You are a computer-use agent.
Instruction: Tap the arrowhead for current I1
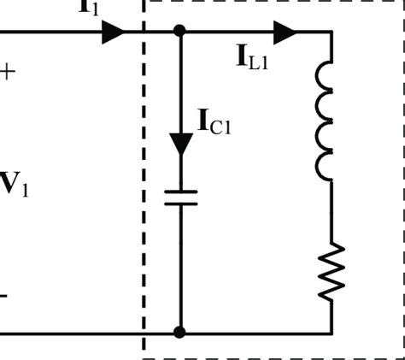pyautogui.click(x=113, y=32)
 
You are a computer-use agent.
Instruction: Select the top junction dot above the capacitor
pyautogui.click(x=179, y=32)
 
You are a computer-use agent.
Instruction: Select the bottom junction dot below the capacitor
pyautogui.click(x=179, y=332)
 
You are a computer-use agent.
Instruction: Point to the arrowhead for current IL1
pyautogui.click(x=285, y=32)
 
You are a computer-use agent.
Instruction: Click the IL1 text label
pyautogui.click(x=253, y=57)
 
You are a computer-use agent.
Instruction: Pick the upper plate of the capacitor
pyautogui.click(x=180, y=192)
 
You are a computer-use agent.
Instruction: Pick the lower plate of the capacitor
pyautogui.click(x=180, y=205)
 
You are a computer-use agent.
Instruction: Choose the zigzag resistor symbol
pyautogui.click(x=332, y=271)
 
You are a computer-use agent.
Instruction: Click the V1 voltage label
pyautogui.click(x=15, y=185)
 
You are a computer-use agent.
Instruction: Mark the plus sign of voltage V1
pyautogui.click(x=8, y=72)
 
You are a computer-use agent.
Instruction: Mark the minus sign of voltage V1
pyautogui.click(x=4, y=296)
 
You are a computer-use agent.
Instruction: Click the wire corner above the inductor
pyautogui.click(x=332, y=32)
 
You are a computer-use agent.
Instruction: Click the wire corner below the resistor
pyautogui.click(x=332, y=332)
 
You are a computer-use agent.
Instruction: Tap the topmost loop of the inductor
pyautogui.click(x=326, y=74)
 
